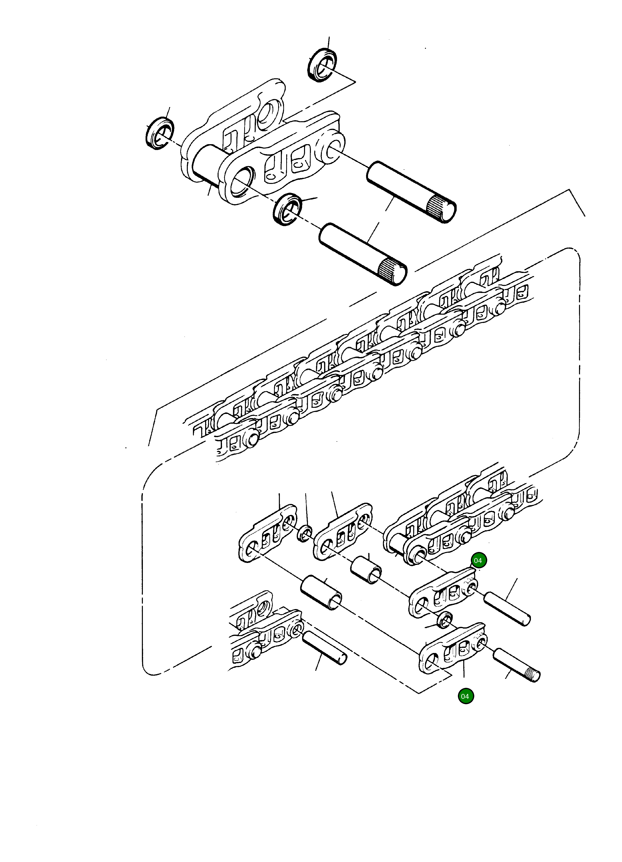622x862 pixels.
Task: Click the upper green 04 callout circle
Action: coord(478,561)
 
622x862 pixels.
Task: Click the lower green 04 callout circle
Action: coord(465,696)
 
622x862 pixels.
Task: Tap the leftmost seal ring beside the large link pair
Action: coord(160,134)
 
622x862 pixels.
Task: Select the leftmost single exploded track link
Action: coord(267,534)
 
